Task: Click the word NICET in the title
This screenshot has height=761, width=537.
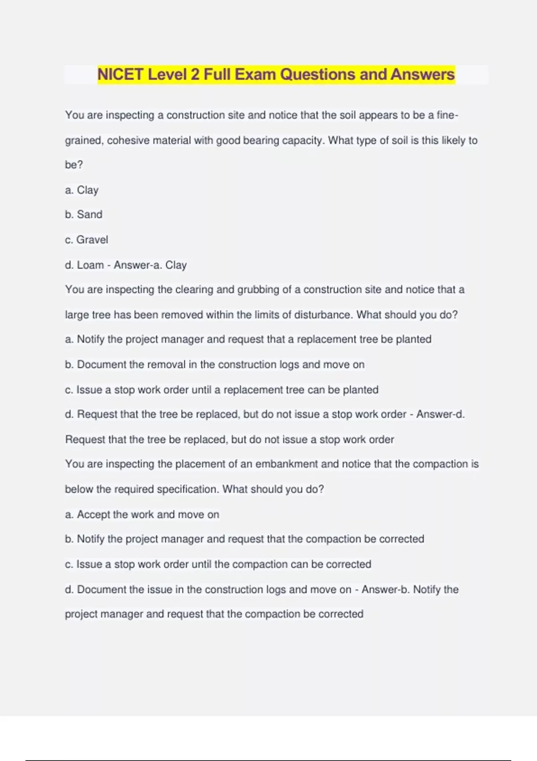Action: point(120,74)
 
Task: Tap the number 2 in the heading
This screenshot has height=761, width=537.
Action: point(195,74)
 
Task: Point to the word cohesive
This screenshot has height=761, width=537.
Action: point(128,141)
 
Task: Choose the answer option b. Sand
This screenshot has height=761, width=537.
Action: point(84,215)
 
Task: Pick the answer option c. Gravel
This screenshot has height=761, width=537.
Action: point(86,240)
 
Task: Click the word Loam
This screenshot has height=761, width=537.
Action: point(90,265)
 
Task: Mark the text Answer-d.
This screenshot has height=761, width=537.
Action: point(440,415)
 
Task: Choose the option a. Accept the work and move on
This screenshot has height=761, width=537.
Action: point(142,514)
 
